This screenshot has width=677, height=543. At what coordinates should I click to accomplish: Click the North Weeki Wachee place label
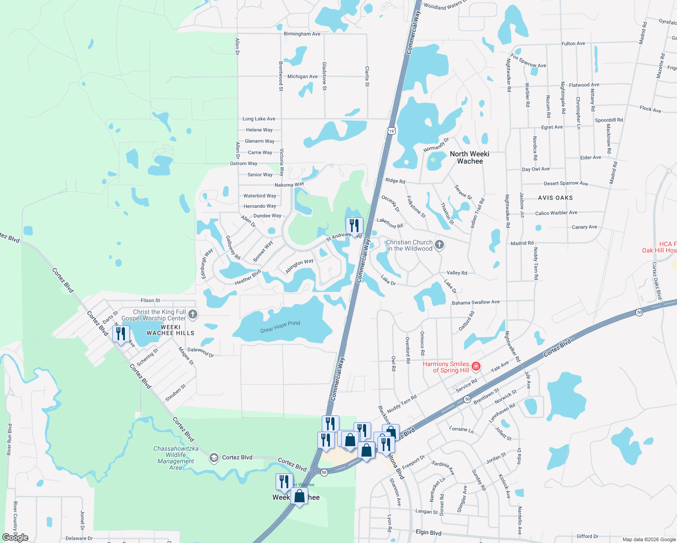click(470, 157)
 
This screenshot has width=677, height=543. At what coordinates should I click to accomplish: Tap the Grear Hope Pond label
click(280, 327)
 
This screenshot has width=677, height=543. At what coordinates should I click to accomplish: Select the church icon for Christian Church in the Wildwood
click(439, 245)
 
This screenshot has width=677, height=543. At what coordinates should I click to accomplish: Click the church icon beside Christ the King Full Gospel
click(193, 314)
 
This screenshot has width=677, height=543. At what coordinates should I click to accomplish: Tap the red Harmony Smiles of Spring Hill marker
click(476, 367)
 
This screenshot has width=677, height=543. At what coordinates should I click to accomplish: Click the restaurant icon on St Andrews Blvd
click(354, 225)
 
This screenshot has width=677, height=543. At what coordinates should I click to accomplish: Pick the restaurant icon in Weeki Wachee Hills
click(121, 334)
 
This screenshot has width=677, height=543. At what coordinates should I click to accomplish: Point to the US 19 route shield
click(391, 131)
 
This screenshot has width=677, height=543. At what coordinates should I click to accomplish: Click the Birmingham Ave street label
click(302, 34)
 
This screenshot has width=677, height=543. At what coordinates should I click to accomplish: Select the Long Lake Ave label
click(259, 119)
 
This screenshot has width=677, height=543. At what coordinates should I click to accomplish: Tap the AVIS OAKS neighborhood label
click(555, 198)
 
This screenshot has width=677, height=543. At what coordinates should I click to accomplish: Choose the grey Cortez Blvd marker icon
click(214, 458)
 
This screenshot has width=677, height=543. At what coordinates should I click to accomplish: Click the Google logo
click(15, 538)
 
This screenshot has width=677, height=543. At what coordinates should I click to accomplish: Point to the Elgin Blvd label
click(428, 533)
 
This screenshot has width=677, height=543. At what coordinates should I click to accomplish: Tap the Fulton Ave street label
click(573, 44)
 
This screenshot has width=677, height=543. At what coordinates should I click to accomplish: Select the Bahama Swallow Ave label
click(476, 302)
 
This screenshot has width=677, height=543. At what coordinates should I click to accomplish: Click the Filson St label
click(150, 300)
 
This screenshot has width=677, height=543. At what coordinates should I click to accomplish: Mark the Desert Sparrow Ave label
click(566, 183)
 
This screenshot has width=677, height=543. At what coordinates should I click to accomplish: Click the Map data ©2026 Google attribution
click(649, 539)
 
